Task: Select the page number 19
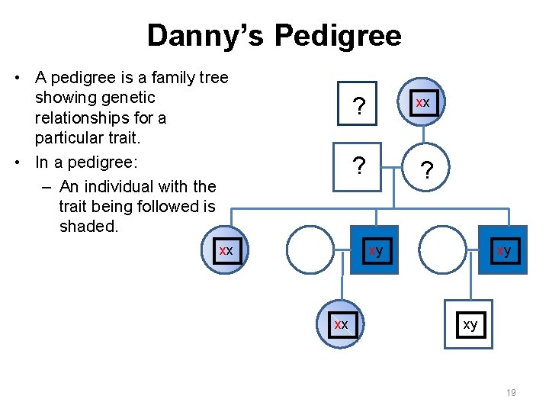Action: [x=511, y=392]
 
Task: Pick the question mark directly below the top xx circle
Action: [x=428, y=172]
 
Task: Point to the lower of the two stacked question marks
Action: [x=356, y=164]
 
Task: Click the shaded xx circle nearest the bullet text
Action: [x=226, y=251]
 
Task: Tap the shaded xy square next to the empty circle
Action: [x=374, y=250]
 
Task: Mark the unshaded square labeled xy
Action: [x=470, y=325]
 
